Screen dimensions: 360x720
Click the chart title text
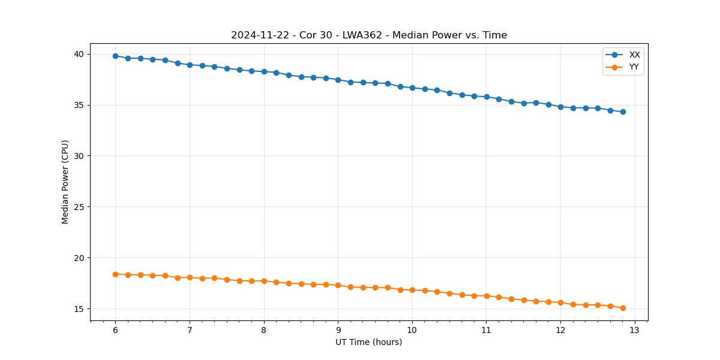click(369, 35)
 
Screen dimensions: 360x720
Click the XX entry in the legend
click(634, 55)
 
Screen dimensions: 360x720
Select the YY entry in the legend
click(634, 67)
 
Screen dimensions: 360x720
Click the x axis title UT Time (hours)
click(369, 342)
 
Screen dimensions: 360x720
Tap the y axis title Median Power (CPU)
click(65, 182)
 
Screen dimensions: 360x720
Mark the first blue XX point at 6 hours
click(115, 56)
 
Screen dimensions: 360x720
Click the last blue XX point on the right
click(623, 112)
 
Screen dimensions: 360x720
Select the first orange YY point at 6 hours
click(115, 274)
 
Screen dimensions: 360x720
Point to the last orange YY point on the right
click(623, 308)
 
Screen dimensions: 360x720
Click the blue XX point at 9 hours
click(338, 80)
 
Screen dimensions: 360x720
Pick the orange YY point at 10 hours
click(412, 290)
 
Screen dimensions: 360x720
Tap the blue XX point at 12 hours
click(560, 107)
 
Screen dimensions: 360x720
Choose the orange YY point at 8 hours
click(264, 281)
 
